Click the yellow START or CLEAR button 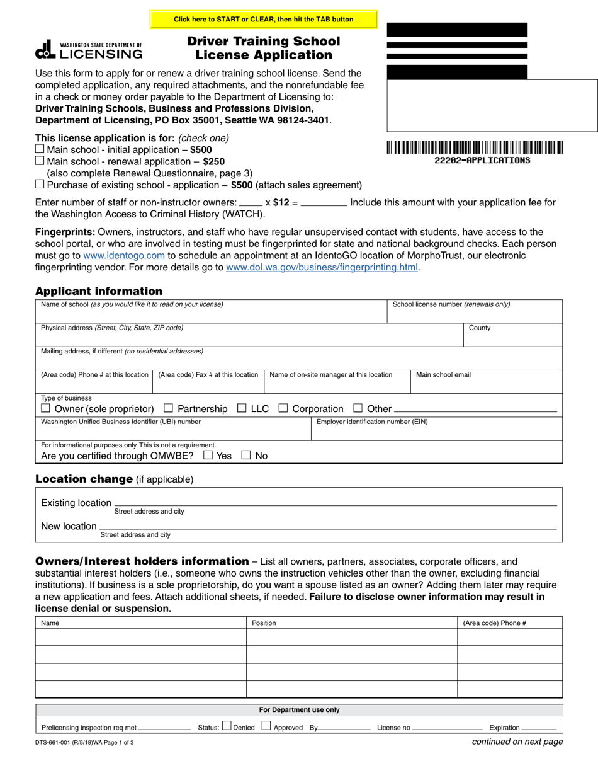pos(263,20)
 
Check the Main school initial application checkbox pos(40,149)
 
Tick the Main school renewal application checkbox pos(40,161)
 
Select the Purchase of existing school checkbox pos(40,185)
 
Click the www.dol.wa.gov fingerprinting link pos(322,267)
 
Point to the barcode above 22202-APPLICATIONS pos(475,148)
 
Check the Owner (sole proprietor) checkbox pos(45,408)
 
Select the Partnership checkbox pos(168,408)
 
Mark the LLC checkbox pos(242,408)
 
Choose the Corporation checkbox pos(283,408)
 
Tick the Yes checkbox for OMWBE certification pos(208,455)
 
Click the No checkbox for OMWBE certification pos(246,455)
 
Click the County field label pos(480,328)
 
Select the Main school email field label pos(443,375)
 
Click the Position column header pos(264,623)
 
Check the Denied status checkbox pos(227,726)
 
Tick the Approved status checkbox pos(266,726)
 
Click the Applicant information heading pos(99,291)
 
